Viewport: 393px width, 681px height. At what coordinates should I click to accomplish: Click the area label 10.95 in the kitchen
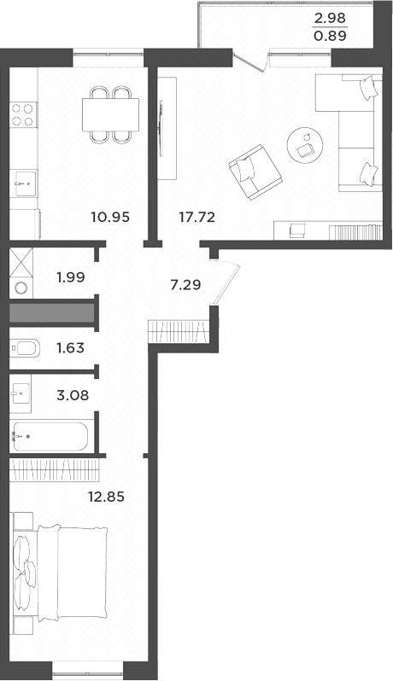tap(109, 217)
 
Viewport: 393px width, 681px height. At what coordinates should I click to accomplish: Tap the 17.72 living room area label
tap(196, 217)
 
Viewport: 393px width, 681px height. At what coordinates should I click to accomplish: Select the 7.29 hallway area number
tap(186, 284)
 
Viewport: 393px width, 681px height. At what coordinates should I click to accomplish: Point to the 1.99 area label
tap(71, 276)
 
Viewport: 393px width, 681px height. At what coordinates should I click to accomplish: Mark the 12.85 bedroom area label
tap(107, 497)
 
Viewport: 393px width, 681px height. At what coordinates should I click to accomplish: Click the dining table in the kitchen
tap(110, 113)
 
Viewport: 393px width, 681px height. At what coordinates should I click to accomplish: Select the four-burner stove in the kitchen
tap(23, 114)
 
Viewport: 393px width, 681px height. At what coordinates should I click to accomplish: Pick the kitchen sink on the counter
tap(23, 179)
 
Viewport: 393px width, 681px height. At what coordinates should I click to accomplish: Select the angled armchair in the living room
tap(257, 170)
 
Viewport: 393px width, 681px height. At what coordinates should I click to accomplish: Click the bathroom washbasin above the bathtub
tap(22, 393)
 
